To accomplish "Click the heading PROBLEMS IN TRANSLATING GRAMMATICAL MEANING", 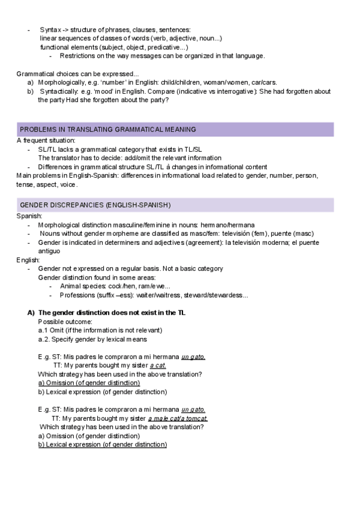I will point(108,130).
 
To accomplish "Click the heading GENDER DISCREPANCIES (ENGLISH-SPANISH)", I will point(95,205).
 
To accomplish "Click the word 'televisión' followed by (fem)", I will point(239,233).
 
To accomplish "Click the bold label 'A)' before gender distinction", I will point(31,313).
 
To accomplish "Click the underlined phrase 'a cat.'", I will point(158,366).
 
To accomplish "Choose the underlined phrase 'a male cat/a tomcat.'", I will point(178,418).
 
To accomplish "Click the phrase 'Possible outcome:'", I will point(62,322).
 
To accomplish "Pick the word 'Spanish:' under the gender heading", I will point(29,216).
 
